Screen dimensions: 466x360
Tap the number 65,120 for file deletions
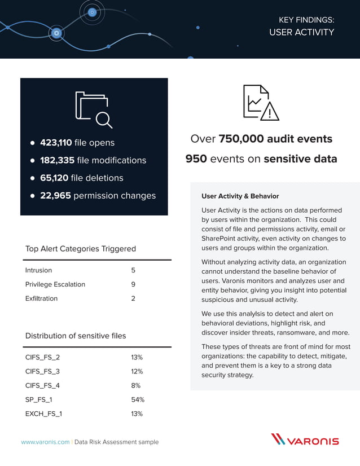pos(54,178)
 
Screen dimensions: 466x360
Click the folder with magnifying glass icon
pos(94,109)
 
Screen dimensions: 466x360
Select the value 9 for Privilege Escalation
pos(133,284)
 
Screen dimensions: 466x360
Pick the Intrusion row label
pos(38,270)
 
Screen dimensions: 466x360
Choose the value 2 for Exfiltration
pos(133,298)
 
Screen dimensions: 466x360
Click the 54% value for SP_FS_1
pos(138,399)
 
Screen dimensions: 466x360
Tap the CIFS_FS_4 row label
pos(42,385)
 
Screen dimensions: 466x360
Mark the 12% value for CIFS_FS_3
pos(137,371)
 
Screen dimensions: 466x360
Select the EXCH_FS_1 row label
pos(43,414)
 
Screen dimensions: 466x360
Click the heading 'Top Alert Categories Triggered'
pos(80,249)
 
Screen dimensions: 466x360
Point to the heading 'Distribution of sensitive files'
pos(76,336)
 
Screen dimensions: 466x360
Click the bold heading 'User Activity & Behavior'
pos(240,196)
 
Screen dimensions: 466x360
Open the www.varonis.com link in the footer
pos(45,442)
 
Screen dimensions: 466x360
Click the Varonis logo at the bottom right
pos(305,439)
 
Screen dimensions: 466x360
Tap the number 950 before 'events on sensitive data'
pos(196,159)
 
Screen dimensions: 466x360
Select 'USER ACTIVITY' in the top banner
pos(301,32)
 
